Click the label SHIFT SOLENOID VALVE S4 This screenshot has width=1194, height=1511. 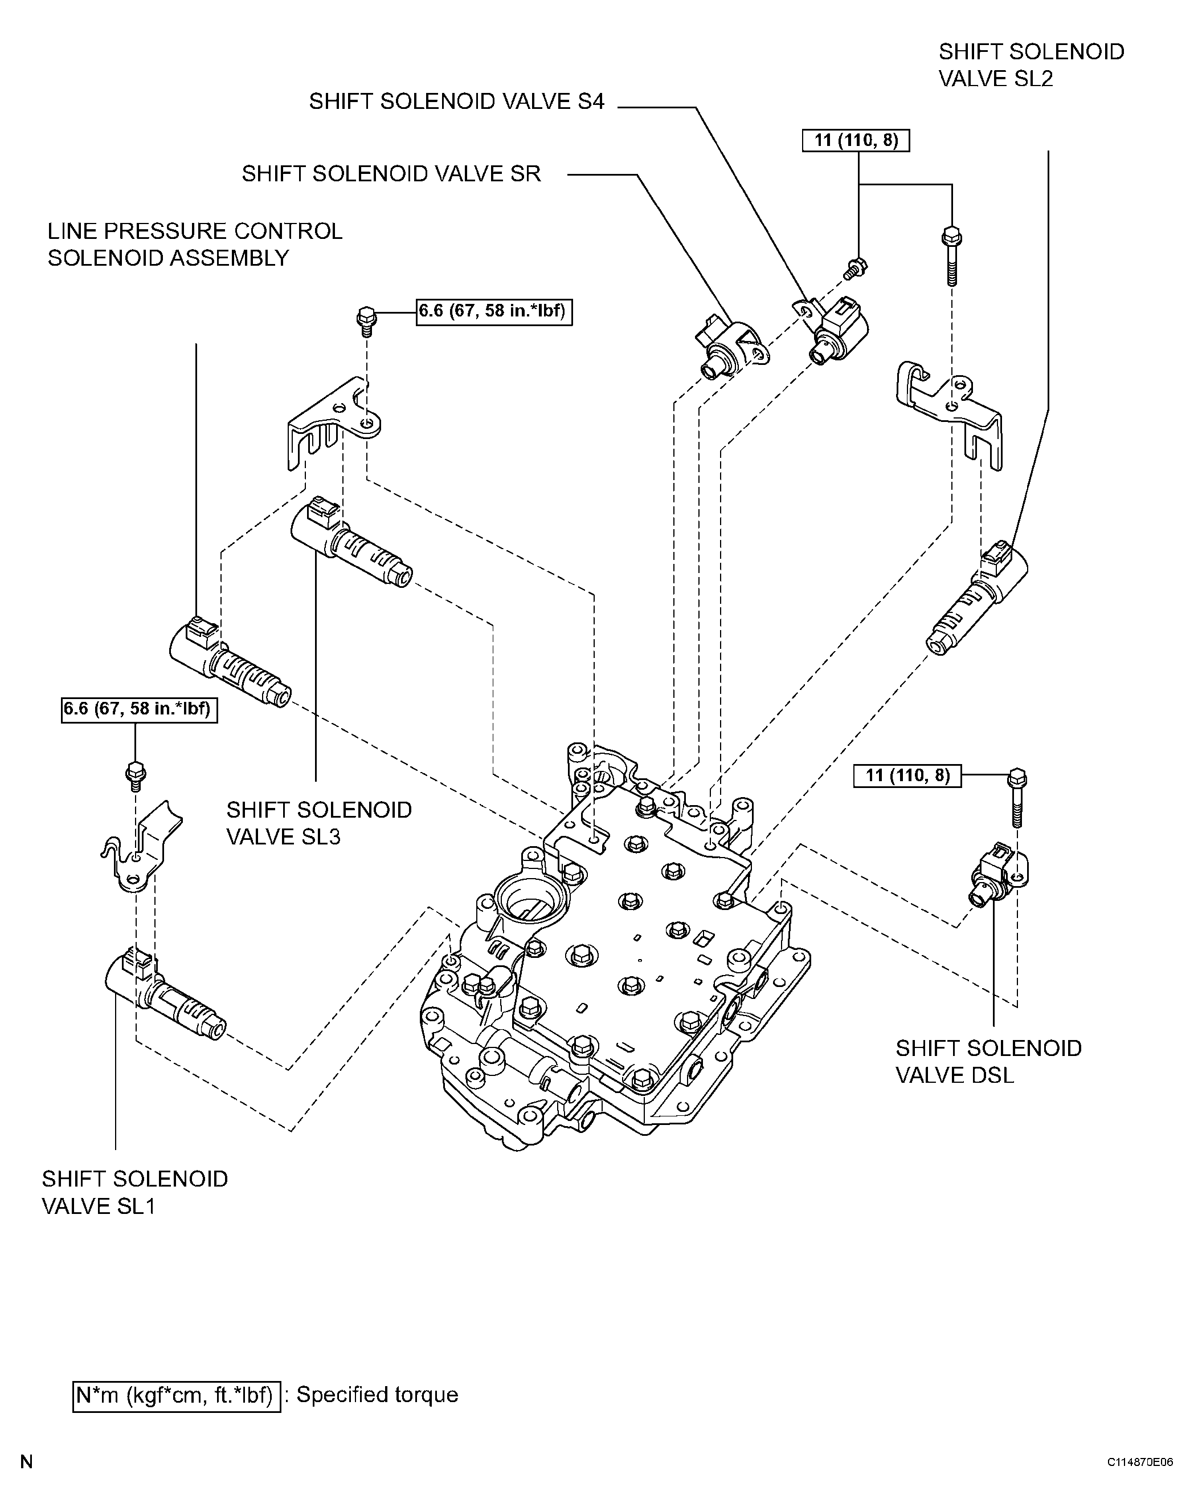coord(456,101)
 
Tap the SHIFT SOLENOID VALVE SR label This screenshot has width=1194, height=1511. coord(391,173)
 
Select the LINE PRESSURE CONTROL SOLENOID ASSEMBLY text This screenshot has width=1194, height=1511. coord(195,244)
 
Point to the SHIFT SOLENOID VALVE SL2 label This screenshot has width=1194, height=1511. coord(1031,65)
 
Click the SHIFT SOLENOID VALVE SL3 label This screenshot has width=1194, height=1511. coord(319,823)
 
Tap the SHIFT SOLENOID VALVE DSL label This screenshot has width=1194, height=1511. coord(988,1061)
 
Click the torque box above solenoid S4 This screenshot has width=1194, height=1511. coord(856,141)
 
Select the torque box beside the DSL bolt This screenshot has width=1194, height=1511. coord(907,775)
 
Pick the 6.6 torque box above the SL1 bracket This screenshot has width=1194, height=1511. coord(139,710)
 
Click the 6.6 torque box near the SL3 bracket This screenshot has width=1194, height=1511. coord(494,312)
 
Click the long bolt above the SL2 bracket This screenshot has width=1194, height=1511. coord(951,256)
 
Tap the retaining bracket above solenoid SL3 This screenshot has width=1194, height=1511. coord(335,425)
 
